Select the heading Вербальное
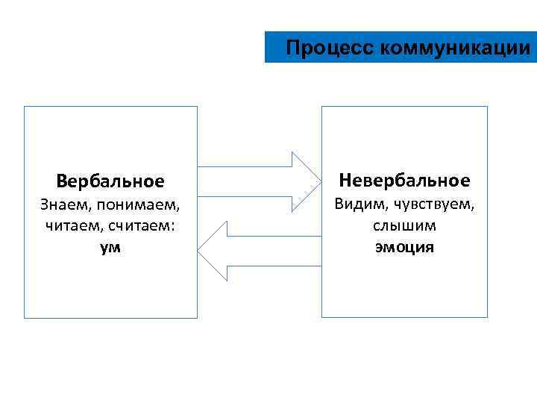110,181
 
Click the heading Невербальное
404,180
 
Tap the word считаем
142,225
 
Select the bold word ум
110,247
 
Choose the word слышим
404,225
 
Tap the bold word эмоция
404,246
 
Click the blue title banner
401,48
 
